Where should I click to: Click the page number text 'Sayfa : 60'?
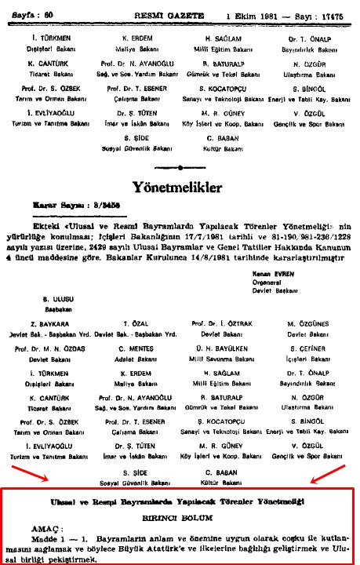pos(31,13)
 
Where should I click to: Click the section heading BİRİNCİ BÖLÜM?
pos(180,519)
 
